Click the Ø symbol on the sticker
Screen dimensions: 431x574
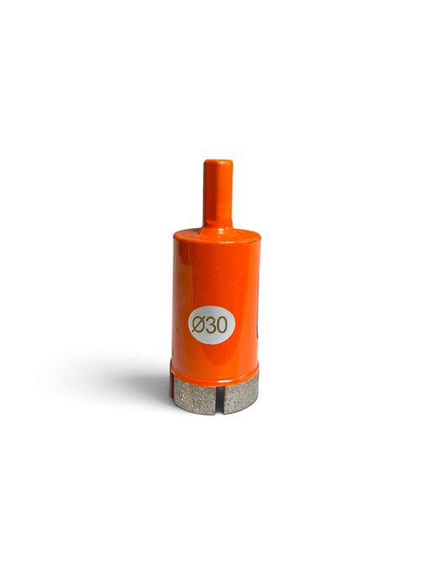[x=198, y=324]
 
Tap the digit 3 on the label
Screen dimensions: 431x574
[x=210, y=325]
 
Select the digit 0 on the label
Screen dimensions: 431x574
[x=221, y=325]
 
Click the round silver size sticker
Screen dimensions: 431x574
[x=211, y=325]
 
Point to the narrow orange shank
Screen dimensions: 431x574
[x=217, y=194]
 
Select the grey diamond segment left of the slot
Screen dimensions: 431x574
[x=194, y=396]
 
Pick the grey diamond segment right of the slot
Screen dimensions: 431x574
[x=241, y=395]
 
